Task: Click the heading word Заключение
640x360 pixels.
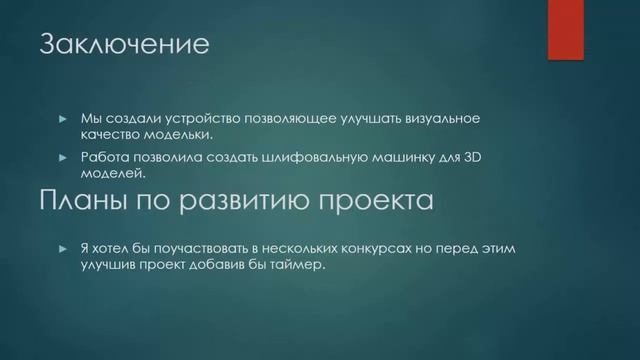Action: [x=123, y=46]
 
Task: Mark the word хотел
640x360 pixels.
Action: [x=120, y=247]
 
